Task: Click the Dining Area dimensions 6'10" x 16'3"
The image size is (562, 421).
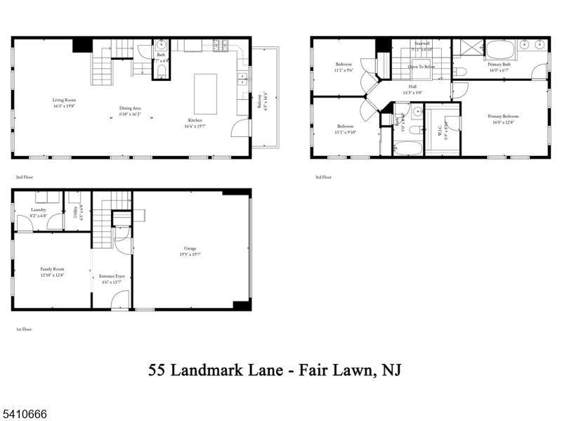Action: coord(130,114)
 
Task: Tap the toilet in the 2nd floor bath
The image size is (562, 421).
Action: coord(162,71)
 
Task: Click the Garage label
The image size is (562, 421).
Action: coord(190,248)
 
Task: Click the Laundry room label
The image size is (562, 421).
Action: coord(39,209)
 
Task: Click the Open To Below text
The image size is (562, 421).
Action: coord(421,67)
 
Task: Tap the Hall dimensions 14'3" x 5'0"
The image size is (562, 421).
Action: coord(412,92)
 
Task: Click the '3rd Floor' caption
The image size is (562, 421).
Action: coord(323,177)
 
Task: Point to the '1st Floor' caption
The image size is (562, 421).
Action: coord(24,329)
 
